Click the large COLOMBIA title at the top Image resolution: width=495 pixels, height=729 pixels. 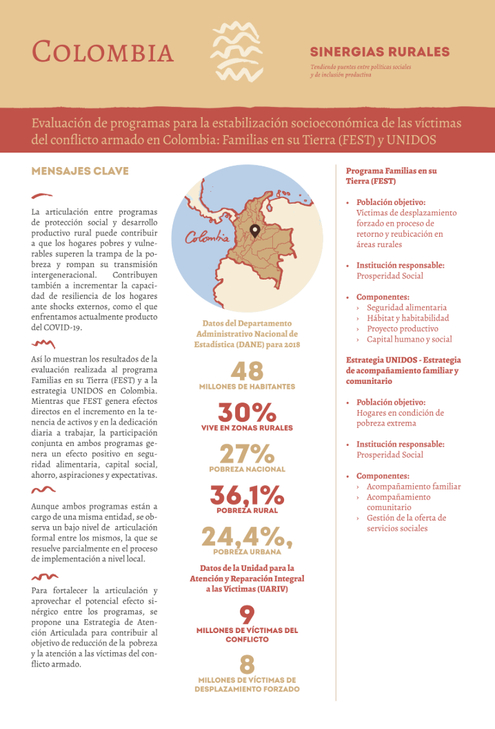click(x=103, y=52)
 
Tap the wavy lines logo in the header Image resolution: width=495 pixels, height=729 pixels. click(x=236, y=51)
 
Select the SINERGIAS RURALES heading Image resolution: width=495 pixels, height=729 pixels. click(x=379, y=52)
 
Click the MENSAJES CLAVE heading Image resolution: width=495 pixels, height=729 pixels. click(x=80, y=171)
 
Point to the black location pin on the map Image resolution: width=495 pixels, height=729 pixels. click(x=254, y=231)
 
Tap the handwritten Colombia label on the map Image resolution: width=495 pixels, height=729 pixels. click(x=207, y=237)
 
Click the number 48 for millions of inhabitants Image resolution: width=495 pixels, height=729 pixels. click(x=247, y=371)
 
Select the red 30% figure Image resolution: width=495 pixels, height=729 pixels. click(x=247, y=413)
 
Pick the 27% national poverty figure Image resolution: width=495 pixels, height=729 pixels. click(x=247, y=454)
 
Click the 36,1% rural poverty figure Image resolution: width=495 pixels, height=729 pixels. click(x=247, y=495)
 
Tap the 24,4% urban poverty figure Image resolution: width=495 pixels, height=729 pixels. click(x=247, y=536)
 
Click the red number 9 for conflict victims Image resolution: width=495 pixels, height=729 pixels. click(x=247, y=614)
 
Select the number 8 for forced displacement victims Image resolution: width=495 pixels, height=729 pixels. click(x=247, y=664)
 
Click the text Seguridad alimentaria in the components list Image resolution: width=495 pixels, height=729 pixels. click(x=406, y=307)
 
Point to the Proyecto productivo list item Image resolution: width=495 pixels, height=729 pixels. click(x=402, y=329)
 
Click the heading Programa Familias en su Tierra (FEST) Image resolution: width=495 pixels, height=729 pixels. click(x=391, y=175)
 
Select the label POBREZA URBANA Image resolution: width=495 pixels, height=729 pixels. click(x=247, y=552)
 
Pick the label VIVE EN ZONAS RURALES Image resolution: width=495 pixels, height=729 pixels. click(x=247, y=428)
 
